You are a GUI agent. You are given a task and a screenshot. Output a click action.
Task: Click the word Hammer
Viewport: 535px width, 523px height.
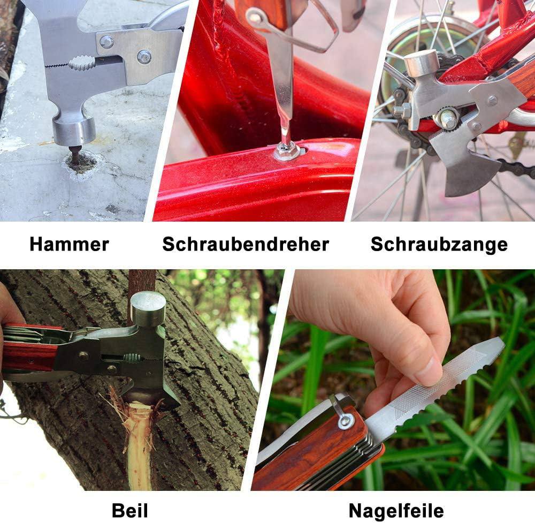tap(69, 245)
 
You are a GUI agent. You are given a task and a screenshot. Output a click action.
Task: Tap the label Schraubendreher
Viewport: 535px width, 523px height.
tap(246, 245)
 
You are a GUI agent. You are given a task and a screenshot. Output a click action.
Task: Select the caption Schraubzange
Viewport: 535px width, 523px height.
tap(439, 245)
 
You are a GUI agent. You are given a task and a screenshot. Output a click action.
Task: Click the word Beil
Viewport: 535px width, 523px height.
tap(130, 511)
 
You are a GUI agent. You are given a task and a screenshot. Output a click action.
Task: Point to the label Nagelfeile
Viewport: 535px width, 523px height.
tap(396, 511)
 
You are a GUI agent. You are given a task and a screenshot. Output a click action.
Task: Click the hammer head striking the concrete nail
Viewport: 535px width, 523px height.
tap(74, 131)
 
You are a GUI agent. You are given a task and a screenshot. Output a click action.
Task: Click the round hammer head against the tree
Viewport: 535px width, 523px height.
tap(148, 308)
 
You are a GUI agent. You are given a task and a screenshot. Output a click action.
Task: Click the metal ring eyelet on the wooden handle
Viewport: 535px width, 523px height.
tap(345, 421)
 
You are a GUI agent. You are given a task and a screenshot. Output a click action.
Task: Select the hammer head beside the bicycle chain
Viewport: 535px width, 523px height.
tap(422, 65)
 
